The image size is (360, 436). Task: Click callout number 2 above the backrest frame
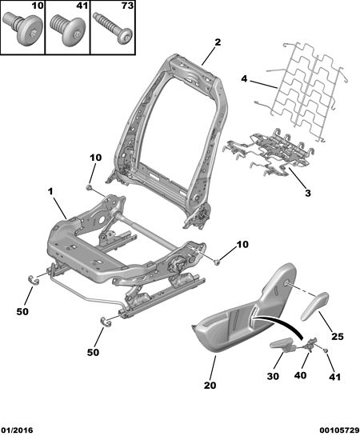(218, 42)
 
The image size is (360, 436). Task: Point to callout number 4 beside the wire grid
(244, 78)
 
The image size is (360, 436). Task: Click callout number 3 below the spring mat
(308, 193)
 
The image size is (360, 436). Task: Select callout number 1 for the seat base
(50, 191)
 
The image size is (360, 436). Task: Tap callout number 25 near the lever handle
(338, 337)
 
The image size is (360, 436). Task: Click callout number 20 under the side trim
(210, 386)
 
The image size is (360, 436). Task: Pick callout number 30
(273, 376)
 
